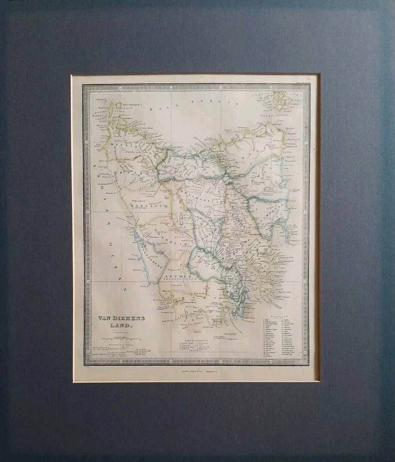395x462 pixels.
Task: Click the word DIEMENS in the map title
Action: pyautogui.click(x=122, y=319)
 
